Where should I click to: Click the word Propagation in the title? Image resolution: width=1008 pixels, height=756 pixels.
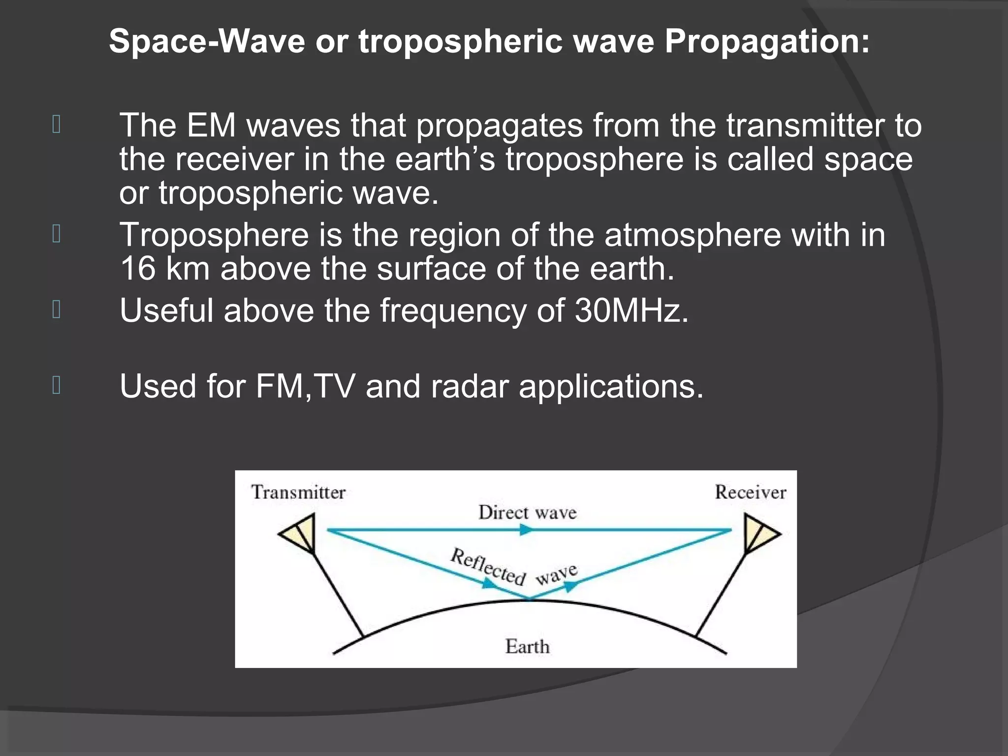point(767,42)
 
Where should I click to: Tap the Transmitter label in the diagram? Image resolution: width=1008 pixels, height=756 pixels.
point(298,492)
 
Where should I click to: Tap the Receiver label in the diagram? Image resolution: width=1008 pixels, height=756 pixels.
point(750,492)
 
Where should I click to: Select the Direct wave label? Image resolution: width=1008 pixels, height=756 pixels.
point(527,513)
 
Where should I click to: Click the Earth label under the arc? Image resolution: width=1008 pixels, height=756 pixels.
point(527,647)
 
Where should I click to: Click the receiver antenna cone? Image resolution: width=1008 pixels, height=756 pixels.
point(758,533)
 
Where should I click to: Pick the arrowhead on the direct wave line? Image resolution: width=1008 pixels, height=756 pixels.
point(526,530)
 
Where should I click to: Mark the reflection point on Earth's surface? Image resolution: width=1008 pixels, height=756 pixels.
point(530,599)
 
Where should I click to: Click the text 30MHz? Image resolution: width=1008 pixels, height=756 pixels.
point(631,311)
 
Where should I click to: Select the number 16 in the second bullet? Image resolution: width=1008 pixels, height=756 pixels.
point(137,269)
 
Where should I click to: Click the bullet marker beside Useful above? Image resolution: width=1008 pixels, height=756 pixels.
point(57,310)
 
